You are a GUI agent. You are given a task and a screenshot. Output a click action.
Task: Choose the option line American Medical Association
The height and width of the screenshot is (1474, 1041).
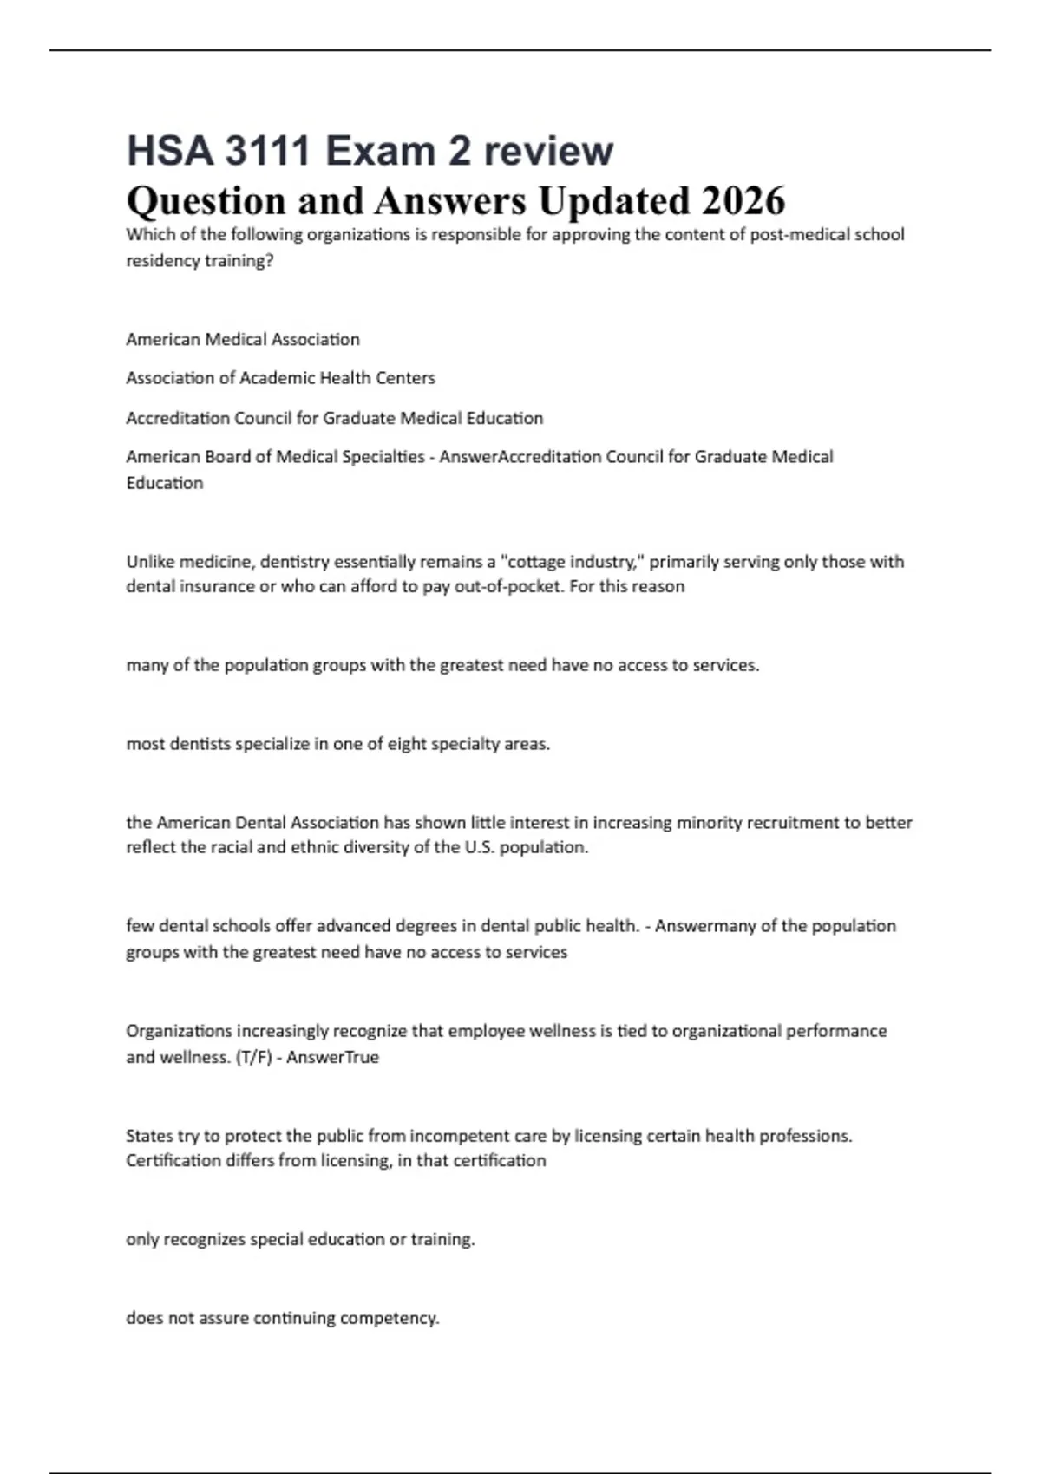point(243,340)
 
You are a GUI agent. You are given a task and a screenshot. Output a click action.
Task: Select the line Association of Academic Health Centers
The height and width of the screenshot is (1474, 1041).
point(280,378)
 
